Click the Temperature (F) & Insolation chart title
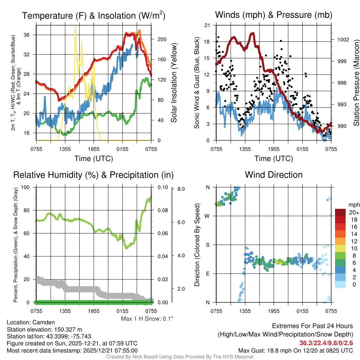click(94, 16)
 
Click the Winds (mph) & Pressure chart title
click(274, 15)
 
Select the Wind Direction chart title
click(274, 175)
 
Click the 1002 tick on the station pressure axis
click(342, 39)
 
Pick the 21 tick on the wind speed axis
click(207, 25)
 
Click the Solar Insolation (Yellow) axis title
click(174, 83)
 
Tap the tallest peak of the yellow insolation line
click(75, 26)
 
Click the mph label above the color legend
click(353, 205)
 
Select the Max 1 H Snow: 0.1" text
click(147, 319)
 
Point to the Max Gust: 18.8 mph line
click(295, 350)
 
